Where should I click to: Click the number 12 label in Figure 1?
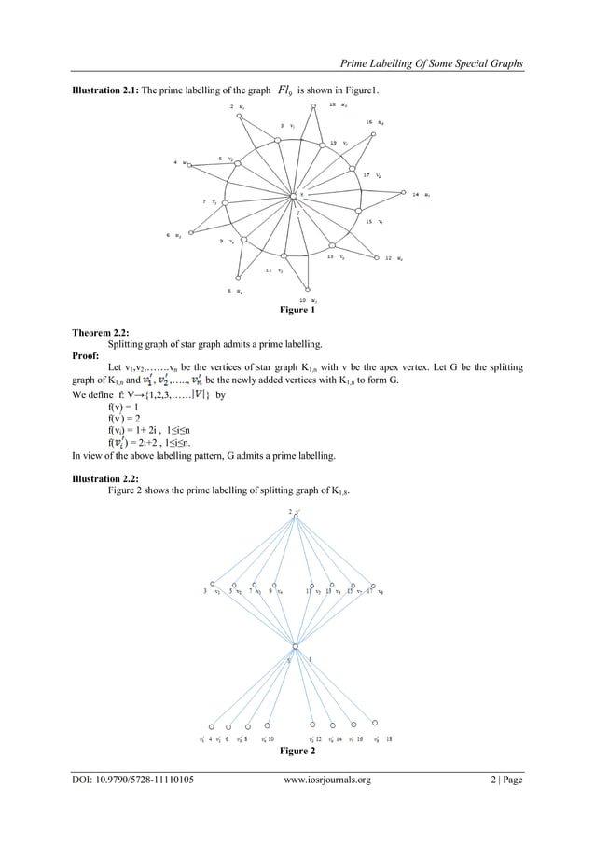[x=388, y=257]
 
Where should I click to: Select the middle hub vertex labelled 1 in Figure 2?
[x=295, y=646]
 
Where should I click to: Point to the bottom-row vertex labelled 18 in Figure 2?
[x=376, y=722]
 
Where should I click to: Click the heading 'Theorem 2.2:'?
[x=101, y=332]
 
